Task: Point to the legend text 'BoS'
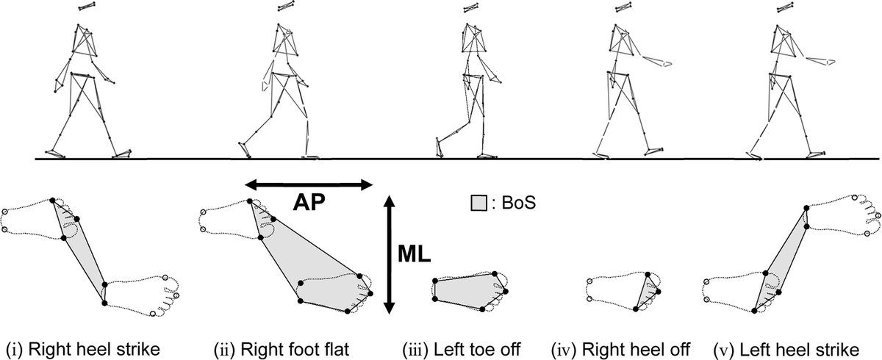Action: (x=518, y=201)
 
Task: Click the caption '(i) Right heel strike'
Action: (x=82, y=348)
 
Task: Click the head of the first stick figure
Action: (x=87, y=7)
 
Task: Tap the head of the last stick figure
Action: (x=782, y=7)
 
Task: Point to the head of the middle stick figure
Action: (x=469, y=7)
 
